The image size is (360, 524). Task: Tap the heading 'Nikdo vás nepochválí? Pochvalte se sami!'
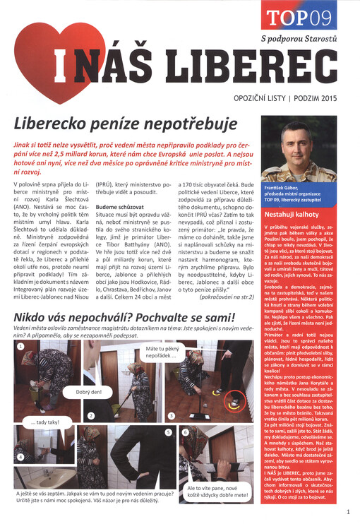tap(124, 318)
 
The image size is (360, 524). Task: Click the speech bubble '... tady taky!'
tap(44, 422)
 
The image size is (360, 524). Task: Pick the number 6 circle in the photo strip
tap(185, 431)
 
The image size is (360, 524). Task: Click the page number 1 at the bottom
tap(349, 513)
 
